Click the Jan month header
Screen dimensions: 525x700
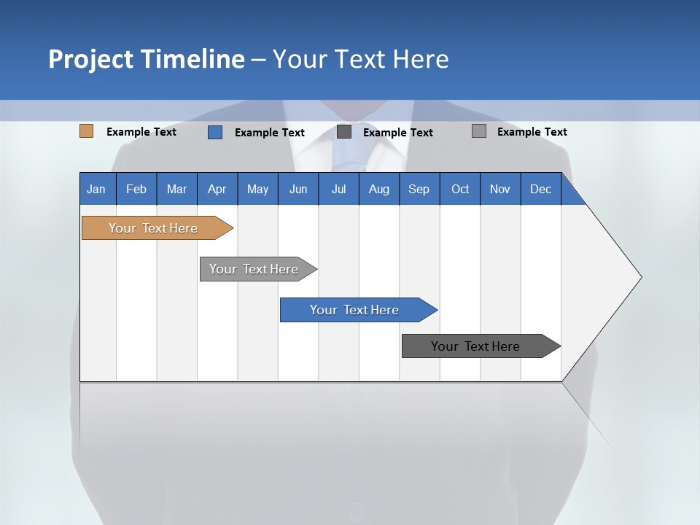[96, 189]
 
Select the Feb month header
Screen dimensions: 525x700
[136, 189]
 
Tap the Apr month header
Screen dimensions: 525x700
[217, 189]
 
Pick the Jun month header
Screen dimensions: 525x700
[298, 189]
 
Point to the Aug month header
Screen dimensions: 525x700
[379, 189]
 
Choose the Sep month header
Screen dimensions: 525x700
[419, 189]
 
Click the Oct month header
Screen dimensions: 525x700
[460, 189]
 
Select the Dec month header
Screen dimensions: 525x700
[541, 189]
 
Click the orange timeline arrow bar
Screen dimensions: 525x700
[154, 228]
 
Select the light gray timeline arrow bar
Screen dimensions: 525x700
[254, 269]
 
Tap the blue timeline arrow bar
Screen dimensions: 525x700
[355, 310]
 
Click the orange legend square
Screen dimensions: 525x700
[87, 131]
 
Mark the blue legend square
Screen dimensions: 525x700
[215, 132]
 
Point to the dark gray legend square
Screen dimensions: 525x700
[344, 132]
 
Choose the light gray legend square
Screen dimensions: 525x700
[479, 131]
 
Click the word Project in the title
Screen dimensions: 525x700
[93, 59]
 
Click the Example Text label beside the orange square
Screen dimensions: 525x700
[141, 132]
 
